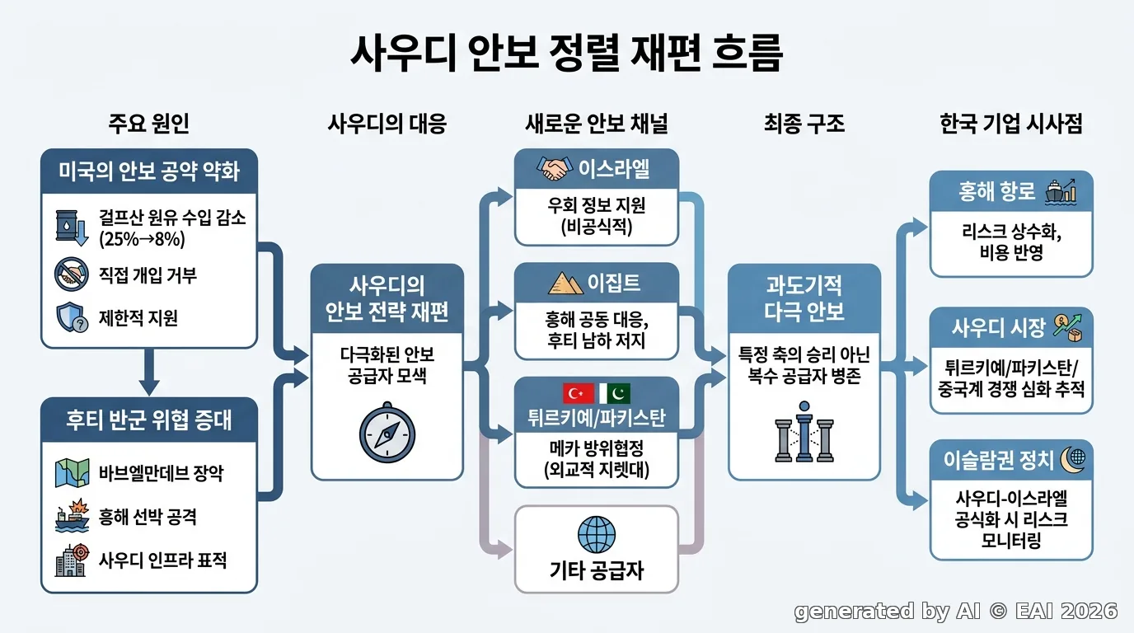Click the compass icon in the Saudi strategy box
coord(387,433)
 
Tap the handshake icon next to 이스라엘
coord(555,169)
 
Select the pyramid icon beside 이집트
coord(565,283)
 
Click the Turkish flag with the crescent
coord(579,393)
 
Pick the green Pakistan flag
coord(615,393)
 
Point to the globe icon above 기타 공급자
coord(597,535)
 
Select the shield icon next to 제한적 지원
coord(72,317)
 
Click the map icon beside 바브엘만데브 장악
coord(72,473)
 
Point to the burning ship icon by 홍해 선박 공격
coord(72,515)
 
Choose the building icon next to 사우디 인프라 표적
coord(72,560)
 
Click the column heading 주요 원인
coord(149,124)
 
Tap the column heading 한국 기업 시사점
coord(1011,124)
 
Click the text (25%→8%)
coord(142,239)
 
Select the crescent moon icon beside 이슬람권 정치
coord(1073,460)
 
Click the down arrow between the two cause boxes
coord(149,373)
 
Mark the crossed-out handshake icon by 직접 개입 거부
coord(72,274)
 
